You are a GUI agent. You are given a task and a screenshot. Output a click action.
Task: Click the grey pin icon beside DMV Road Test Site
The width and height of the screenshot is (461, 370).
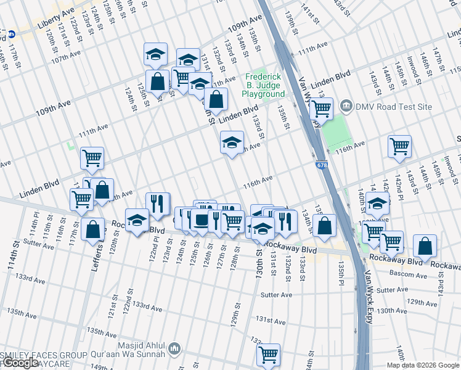(x=347, y=106)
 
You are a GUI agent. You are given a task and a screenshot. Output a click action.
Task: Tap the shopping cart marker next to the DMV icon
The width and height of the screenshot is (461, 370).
(x=320, y=110)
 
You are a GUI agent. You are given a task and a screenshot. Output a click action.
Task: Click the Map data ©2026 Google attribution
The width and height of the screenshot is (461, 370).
(x=423, y=365)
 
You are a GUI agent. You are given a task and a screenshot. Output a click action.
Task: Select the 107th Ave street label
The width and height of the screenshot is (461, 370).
(x=67, y=56)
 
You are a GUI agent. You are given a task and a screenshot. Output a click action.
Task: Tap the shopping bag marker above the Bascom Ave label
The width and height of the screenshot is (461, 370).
(x=425, y=247)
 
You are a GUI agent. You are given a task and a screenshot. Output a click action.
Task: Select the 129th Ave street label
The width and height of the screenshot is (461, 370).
(x=425, y=302)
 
